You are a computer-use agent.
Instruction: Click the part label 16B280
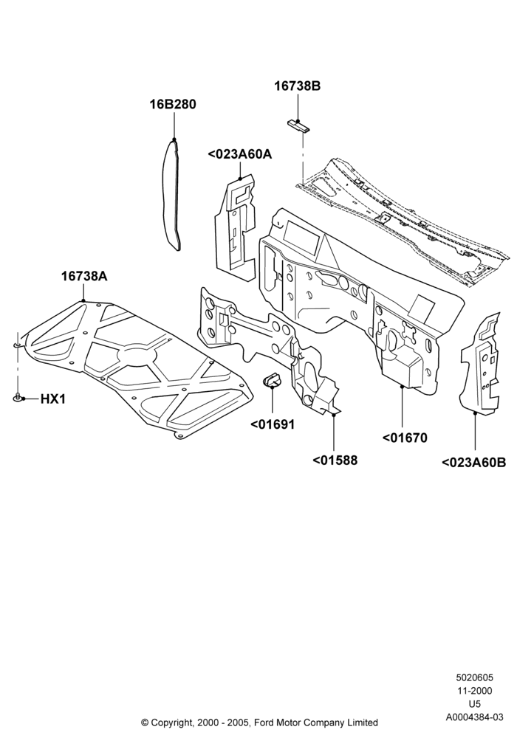(173, 104)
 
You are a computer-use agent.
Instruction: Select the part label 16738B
(298, 86)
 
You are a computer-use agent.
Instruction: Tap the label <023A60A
(239, 154)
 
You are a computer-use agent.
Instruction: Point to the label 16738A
(83, 276)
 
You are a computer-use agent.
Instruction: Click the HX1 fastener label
(52, 399)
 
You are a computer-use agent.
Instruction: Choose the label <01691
(272, 424)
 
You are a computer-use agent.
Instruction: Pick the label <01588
(335, 460)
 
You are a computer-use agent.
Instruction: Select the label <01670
(405, 438)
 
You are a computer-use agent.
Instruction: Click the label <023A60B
(473, 463)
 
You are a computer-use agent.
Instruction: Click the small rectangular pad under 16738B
(298, 125)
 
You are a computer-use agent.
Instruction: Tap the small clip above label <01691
(272, 379)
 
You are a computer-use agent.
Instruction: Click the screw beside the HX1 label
(18, 399)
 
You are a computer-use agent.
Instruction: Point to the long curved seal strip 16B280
(172, 193)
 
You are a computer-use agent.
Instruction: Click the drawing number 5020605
(474, 677)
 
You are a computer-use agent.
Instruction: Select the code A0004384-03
(474, 717)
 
